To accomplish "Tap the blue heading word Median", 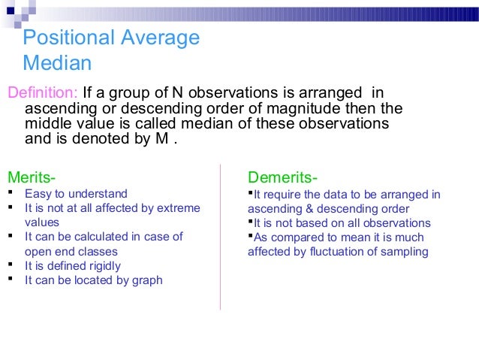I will [x=57, y=62].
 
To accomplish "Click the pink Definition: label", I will [x=42, y=93].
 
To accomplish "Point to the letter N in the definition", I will [x=176, y=93].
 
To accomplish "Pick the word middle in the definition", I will [x=47, y=123].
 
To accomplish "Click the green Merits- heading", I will [x=31, y=178].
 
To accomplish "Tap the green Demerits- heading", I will [x=282, y=178].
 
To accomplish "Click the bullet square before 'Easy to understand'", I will [x=11, y=193].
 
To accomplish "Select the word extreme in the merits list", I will [x=178, y=207].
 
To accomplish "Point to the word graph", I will [x=146, y=280].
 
